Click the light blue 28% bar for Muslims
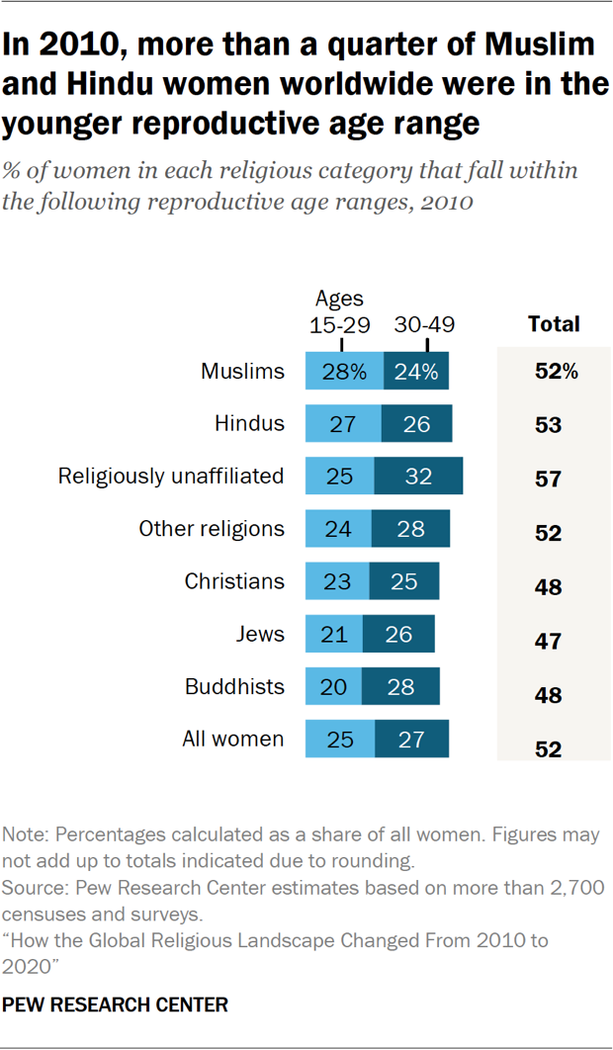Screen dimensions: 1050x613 click(344, 372)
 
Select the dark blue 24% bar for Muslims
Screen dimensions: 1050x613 click(416, 372)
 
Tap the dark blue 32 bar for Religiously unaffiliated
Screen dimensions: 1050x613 click(418, 477)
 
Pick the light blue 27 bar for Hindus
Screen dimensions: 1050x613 click(343, 424)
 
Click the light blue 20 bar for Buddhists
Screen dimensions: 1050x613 click(333, 686)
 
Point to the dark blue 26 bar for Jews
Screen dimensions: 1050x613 click(398, 634)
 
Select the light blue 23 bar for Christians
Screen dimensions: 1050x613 click(337, 581)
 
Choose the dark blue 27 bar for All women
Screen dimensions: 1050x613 click(411, 739)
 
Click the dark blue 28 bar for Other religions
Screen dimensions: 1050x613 click(410, 529)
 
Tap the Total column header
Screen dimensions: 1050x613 click(554, 323)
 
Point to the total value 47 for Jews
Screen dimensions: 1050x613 click(548, 642)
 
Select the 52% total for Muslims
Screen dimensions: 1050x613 click(555, 373)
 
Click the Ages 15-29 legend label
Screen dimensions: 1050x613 click(339, 311)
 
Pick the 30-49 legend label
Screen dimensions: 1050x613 click(424, 324)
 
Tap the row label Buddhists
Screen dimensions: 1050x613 click(234, 686)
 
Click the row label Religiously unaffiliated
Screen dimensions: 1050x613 click(171, 477)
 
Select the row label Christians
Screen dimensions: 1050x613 click(234, 581)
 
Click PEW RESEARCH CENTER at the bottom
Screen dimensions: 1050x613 click(116, 1006)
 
